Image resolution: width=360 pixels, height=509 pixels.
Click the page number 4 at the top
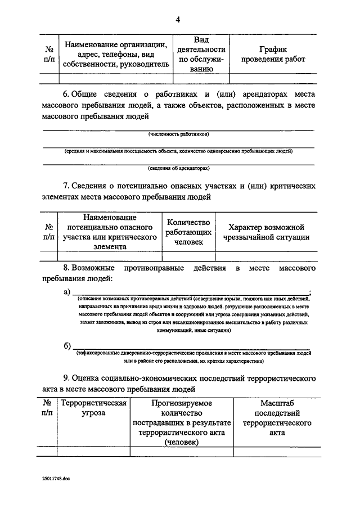click(178, 20)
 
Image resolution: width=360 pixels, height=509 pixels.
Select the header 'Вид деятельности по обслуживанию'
click(201, 55)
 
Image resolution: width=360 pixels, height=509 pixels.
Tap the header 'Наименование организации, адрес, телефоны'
click(116, 55)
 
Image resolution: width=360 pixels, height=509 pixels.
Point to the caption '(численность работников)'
click(179, 134)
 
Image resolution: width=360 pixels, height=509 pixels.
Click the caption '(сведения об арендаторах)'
click(179, 168)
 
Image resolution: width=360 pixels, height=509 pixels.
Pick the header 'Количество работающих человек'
click(188, 232)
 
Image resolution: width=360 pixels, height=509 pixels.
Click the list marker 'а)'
click(67, 291)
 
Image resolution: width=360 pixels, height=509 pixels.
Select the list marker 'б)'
click(67, 345)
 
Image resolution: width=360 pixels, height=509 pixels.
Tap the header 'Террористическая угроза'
click(94, 408)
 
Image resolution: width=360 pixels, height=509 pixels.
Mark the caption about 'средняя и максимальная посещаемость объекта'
click(179, 151)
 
